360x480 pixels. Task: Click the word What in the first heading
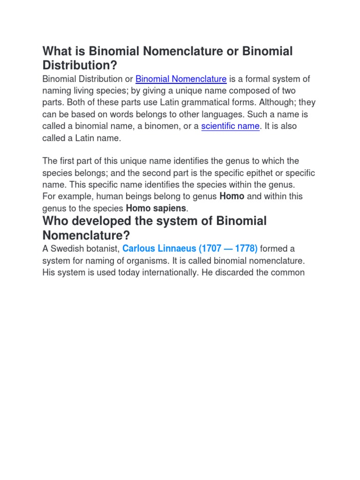point(56,51)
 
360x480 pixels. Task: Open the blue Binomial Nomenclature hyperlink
point(181,79)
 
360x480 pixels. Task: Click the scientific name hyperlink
point(230,126)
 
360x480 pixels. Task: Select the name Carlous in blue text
point(140,248)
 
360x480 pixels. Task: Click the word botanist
point(102,248)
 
